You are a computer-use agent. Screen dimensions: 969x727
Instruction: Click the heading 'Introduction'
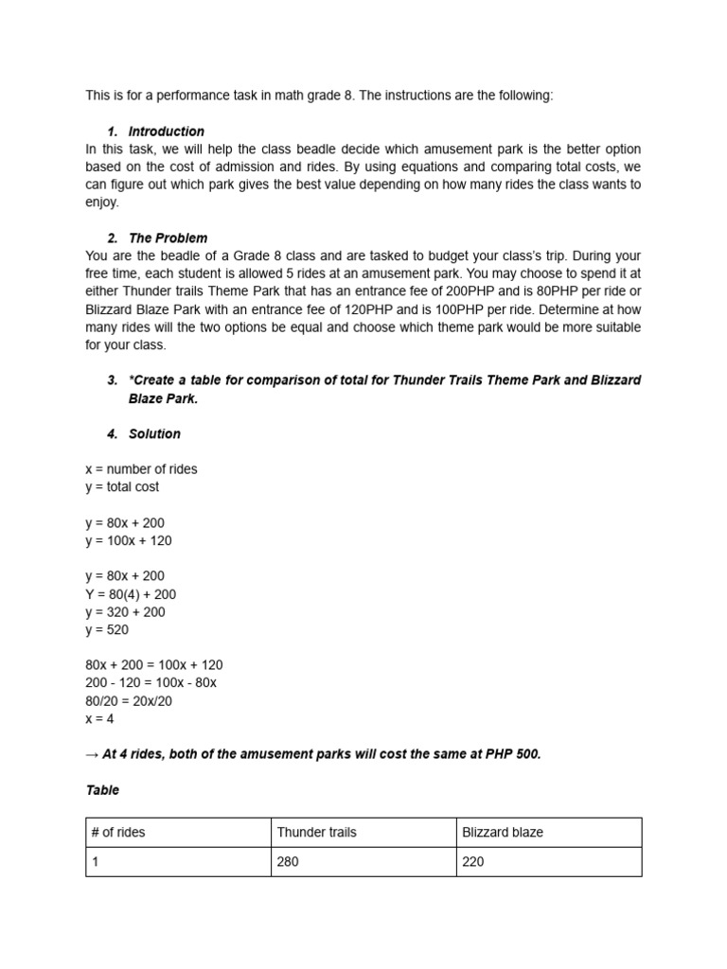[x=166, y=132]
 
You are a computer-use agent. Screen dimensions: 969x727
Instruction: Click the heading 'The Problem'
[x=168, y=238]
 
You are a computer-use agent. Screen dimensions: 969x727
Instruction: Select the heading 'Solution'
[x=154, y=433]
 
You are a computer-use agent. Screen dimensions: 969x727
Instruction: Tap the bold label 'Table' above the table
[x=102, y=789]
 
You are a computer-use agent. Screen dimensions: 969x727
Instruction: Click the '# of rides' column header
[x=118, y=833]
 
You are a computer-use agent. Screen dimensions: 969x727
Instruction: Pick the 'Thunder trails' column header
[x=316, y=833]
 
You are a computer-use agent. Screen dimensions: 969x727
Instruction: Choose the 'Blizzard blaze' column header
[x=503, y=833]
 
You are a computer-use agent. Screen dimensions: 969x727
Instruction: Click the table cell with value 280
[x=288, y=862]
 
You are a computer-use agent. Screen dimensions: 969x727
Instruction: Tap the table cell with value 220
[x=473, y=862]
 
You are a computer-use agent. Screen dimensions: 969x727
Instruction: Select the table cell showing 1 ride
[x=96, y=862]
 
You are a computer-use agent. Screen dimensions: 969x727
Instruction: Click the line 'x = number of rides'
[x=141, y=469]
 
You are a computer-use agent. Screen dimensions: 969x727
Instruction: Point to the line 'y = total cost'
[x=122, y=486]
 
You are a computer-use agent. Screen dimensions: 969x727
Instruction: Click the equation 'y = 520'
[x=107, y=629]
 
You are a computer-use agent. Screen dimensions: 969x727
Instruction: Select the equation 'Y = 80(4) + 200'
[x=131, y=594]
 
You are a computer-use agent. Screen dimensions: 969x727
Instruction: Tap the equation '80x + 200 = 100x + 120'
[x=154, y=665]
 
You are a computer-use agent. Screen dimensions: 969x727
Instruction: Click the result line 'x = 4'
[x=100, y=718]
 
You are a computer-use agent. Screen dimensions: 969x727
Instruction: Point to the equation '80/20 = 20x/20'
[x=129, y=700]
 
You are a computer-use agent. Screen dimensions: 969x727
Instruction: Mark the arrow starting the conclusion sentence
[x=92, y=754]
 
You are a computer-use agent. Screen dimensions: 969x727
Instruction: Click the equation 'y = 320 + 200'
[x=125, y=612]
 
